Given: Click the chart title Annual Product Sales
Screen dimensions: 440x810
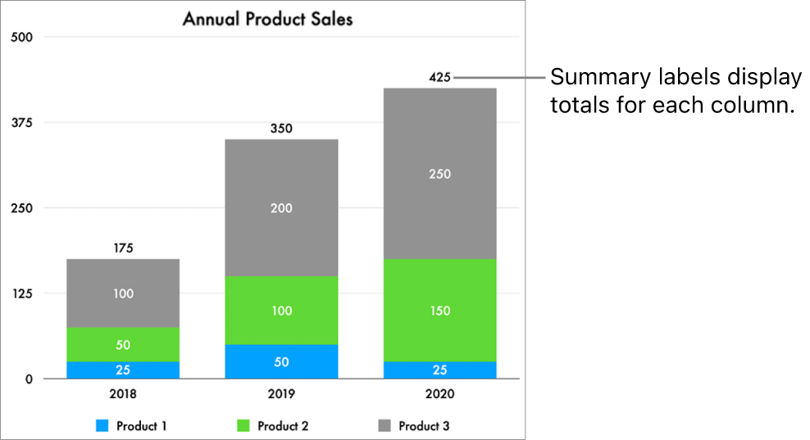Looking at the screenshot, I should pyautogui.click(x=267, y=19).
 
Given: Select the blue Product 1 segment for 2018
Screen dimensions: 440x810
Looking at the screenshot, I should pyautogui.click(x=123, y=370).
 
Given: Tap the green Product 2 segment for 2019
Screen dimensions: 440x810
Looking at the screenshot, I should pyautogui.click(x=281, y=311).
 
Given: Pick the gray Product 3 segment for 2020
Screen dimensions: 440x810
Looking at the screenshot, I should pyautogui.click(x=440, y=174).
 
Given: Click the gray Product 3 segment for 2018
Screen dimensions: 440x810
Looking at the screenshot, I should pyautogui.click(x=123, y=293).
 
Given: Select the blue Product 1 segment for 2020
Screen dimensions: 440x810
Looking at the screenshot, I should pyautogui.click(x=440, y=370).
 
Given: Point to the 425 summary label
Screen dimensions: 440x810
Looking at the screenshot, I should pyautogui.click(x=440, y=78).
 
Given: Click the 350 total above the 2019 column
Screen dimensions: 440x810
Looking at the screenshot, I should pyautogui.click(x=281, y=129).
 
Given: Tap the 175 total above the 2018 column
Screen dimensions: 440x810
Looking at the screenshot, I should pyautogui.click(x=123, y=248).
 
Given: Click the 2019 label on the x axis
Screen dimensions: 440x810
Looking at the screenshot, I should pyautogui.click(x=281, y=394).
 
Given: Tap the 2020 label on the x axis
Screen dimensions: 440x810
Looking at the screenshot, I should pyautogui.click(x=440, y=394).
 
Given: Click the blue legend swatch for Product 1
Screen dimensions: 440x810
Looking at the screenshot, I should pyautogui.click(x=102, y=426).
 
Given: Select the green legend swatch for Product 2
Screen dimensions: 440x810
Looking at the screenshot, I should pyautogui.click(x=243, y=426).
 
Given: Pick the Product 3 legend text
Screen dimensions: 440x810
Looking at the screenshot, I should pyautogui.click(x=424, y=426).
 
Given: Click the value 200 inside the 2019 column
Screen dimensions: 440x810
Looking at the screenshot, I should pyautogui.click(x=281, y=208).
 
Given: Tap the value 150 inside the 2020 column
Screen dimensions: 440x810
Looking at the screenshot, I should pyautogui.click(x=440, y=311).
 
